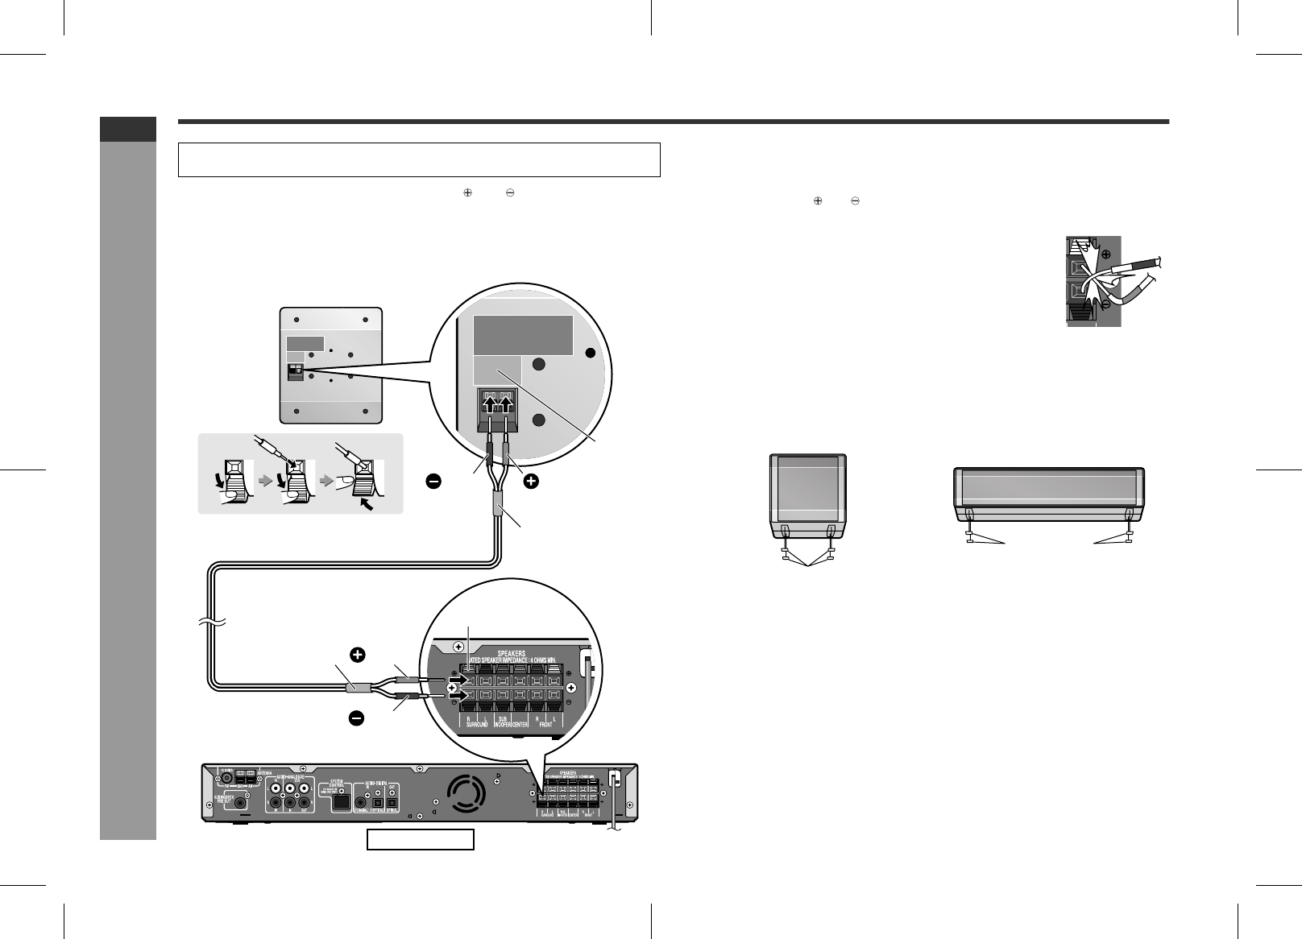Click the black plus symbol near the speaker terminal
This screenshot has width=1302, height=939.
[x=532, y=482]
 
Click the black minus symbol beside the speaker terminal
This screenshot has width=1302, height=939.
[x=433, y=482]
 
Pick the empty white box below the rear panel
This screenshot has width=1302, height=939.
[x=420, y=840]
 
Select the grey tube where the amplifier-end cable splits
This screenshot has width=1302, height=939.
[x=357, y=689]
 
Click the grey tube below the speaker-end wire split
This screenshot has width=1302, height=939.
[x=498, y=508]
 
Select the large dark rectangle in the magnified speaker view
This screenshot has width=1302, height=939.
[x=522, y=336]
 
